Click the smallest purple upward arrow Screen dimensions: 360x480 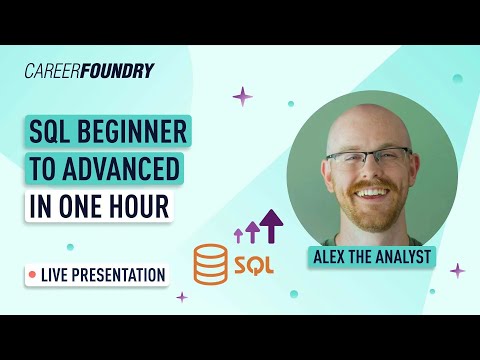tap(238, 235)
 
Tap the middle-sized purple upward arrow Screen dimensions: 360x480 tap(253, 231)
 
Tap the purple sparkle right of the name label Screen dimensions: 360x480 tap(457, 270)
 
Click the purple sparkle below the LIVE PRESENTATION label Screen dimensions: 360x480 tap(182, 297)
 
